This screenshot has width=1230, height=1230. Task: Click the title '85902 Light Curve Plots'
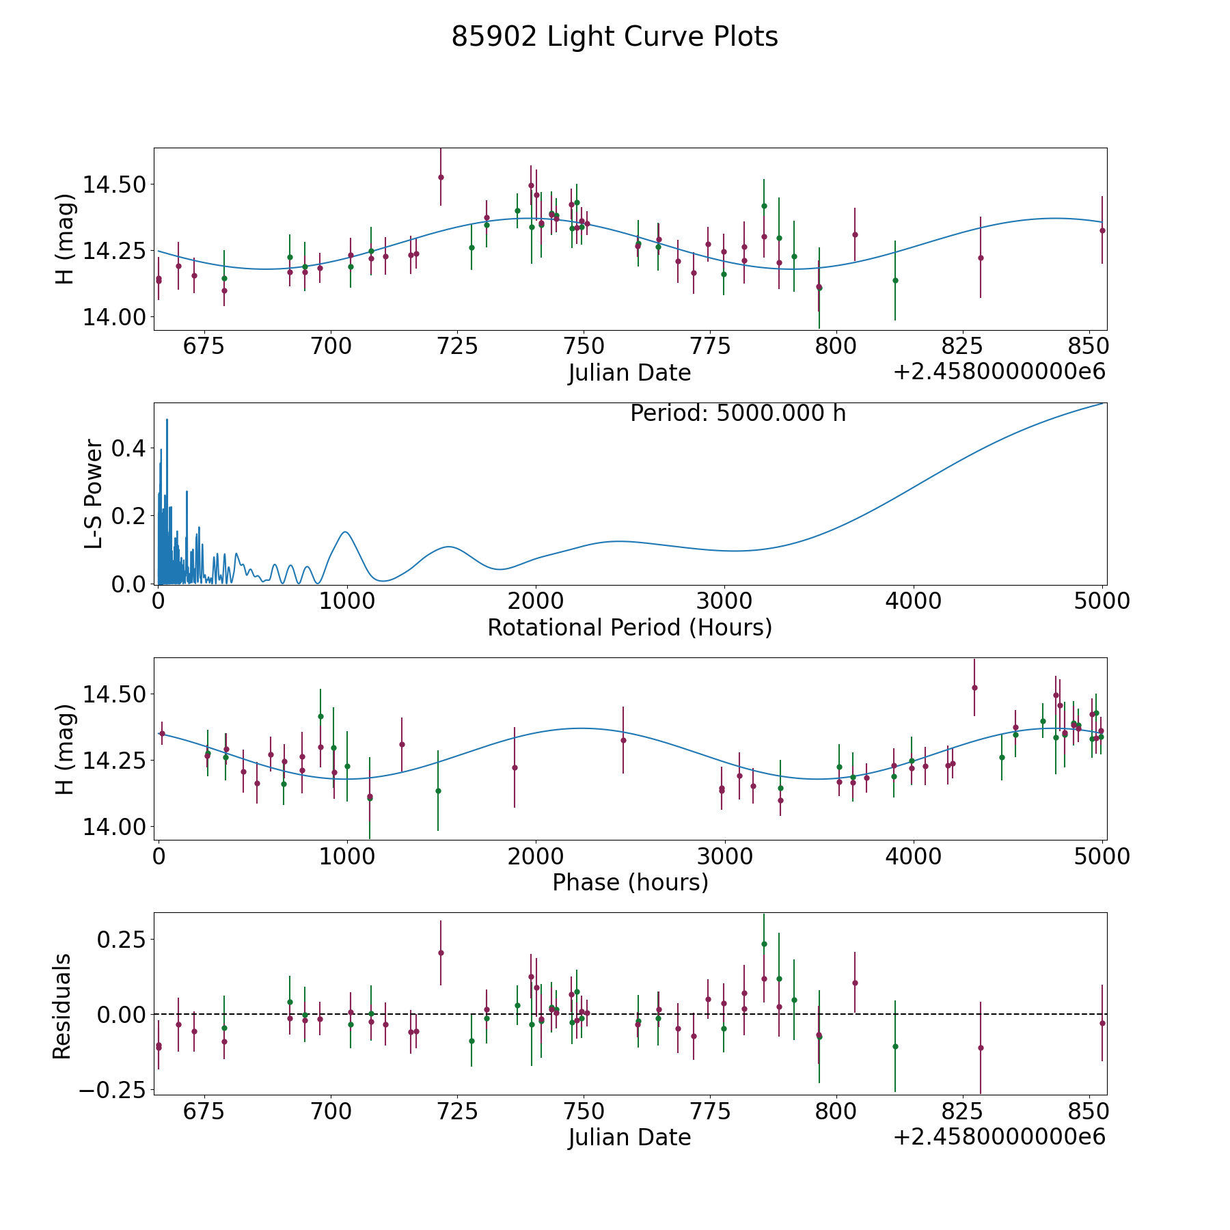(x=614, y=37)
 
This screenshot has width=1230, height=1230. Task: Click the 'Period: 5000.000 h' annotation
(x=738, y=413)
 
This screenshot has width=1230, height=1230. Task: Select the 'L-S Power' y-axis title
(x=94, y=494)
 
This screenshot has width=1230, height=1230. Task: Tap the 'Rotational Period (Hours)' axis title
(x=629, y=627)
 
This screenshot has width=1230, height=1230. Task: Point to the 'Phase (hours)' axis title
(x=630, y=882)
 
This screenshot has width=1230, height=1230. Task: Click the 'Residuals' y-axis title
(x=62, y=1007)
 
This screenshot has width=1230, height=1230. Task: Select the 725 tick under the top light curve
(x=456, y=346)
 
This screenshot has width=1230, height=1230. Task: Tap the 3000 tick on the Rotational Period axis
(x=724, y=601)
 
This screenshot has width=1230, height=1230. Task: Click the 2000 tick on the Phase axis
(x=536, y=857)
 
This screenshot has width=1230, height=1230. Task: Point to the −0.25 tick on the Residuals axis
(x=112, y=1089)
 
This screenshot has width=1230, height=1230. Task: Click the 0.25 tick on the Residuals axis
(x=120, y=940)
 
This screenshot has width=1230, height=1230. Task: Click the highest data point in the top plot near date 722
(x=441, y=177)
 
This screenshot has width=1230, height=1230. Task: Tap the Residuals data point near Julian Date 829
(x=981, y=1048)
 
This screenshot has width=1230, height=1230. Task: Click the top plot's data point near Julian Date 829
(x=981, y=258)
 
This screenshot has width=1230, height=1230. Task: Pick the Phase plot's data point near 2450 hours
(x=623, y=740)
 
